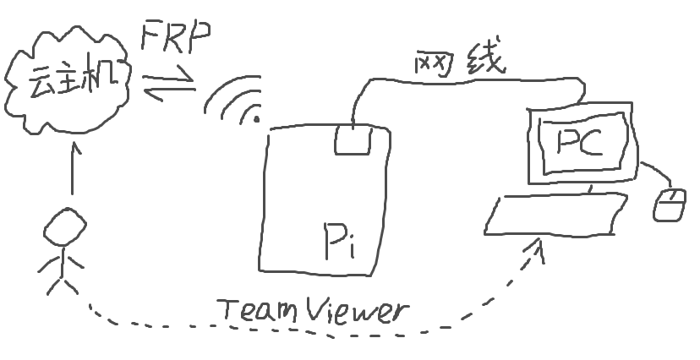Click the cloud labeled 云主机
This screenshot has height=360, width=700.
coord(68,85)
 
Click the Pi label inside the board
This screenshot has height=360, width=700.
coord(337,243)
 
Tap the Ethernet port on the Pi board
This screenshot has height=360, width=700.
coord(353,139)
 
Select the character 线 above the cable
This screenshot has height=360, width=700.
coord(484,62)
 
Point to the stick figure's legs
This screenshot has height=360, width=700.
coord(60,282)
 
